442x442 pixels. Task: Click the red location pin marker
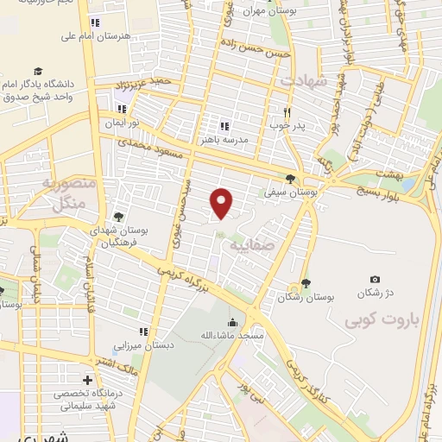coord(223,203)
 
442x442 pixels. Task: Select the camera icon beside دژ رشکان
coord(375,279)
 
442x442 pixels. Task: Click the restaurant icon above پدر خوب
coord(288,111)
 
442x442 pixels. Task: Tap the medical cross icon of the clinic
coord(86,380)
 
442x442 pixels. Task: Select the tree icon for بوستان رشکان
coord(306,283)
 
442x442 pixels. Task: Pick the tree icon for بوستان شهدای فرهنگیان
coord(117,217)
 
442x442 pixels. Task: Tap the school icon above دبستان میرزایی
coord(143,331)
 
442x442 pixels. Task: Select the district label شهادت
coord(302,80)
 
